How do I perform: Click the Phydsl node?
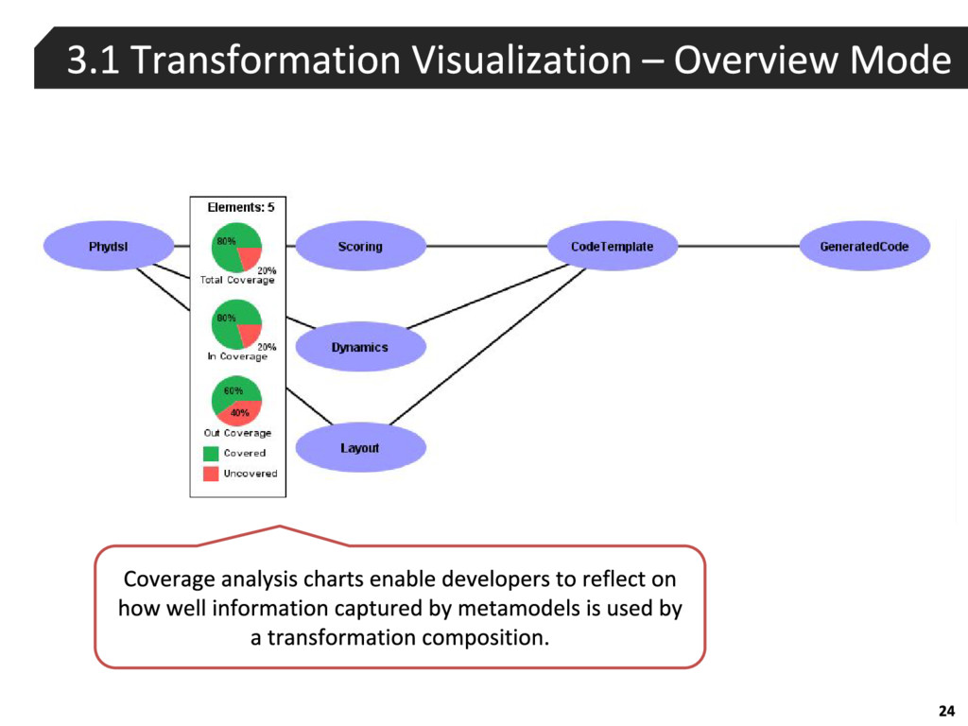coord(108,247)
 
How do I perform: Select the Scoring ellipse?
coord(360,247)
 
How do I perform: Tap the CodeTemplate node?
coord(612,247)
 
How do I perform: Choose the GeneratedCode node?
coord(864,247)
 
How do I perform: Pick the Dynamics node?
coord(360,347)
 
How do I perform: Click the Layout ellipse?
coord(360,448)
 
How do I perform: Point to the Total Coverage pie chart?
coord(235,248)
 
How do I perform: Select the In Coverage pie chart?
coord(235,323)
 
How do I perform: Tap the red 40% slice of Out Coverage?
coord(240,413)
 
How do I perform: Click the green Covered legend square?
coord(211,454)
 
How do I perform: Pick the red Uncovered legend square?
coord(211,474)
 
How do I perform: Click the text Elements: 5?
coord(240,207)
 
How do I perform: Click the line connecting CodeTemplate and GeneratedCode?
coord(737,247)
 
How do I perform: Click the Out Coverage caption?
coord(237,433)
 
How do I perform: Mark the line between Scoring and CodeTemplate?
coord(486,247)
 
